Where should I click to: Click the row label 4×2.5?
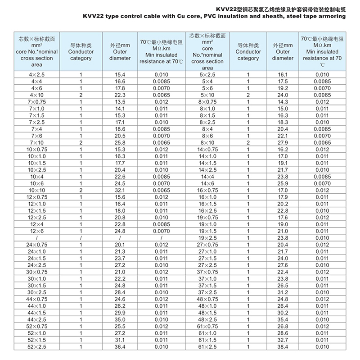[36, 74]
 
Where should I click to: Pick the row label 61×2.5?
[207, 346]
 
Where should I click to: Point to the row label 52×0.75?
[36, 326]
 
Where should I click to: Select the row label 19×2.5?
[207, 237]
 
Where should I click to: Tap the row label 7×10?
[36, 142]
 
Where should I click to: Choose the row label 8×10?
[207, 142]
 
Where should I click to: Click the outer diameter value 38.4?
[283, 346]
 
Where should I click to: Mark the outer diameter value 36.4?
[120, 346]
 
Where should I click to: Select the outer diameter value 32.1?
[120, 190]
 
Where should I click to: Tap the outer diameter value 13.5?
[120, 102]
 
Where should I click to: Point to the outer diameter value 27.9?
[283, 142]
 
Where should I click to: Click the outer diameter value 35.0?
[120, 319]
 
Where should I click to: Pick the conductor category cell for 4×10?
[81, 95]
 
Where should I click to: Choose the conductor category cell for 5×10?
[248, 95]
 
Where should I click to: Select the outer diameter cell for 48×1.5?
[283, 312]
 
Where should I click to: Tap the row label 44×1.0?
[36, 305]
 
